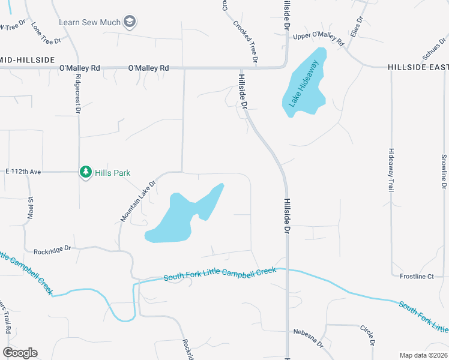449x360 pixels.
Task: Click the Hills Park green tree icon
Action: pyautogui.click(x=86, y=172)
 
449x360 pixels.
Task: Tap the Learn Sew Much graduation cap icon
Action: pyautogui.click(x=130, y=23)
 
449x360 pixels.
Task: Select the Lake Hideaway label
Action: pyautogui.click(x=306, y=83)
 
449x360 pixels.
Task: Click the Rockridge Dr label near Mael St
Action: pyautogui.click(x=53, y=248)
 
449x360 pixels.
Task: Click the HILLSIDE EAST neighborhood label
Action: pyautogui.click(x=418, y=67)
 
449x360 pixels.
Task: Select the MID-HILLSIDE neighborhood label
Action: pyautogui.click(x=27, y=60)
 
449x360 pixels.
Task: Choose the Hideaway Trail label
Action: pyautogui.click(x=391, y=169)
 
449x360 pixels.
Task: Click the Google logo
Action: pyautogui.click(x=20, y=353)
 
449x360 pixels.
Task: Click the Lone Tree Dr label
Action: pyautogui.click(x=46, y=34)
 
